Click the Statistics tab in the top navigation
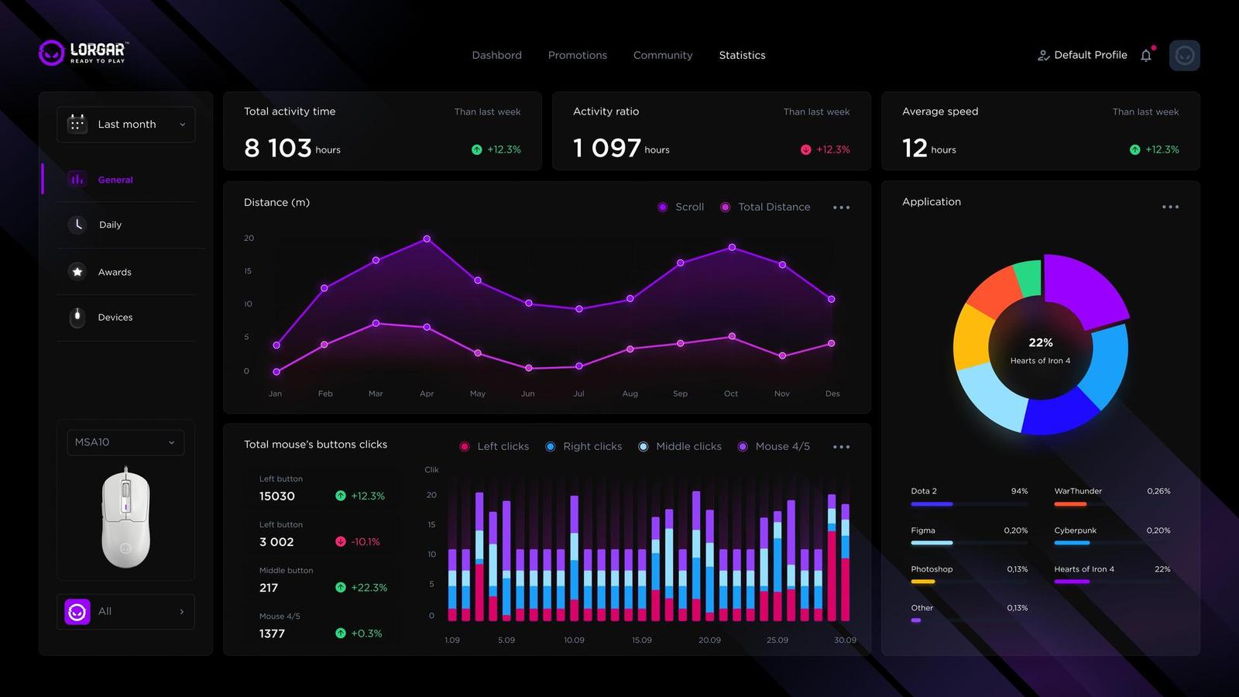[742, 55]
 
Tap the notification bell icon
[1146, 55]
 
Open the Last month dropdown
[126, 125]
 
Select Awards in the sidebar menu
[115, 272]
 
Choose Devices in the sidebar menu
[115, 318]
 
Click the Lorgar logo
[84, 53]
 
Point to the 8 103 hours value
[278, 148]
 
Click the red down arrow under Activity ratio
[805, 149]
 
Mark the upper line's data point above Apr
[427, 239]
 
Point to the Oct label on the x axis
[731, 393]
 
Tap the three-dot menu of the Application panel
[1170, 207]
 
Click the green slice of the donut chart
[1028, 277]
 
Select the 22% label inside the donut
[1040, 342]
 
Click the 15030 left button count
[277, 496]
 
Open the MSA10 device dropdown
[125, 442]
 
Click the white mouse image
[125, 517]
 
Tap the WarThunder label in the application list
[1078, 491]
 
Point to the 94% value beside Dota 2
[1019, 491]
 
